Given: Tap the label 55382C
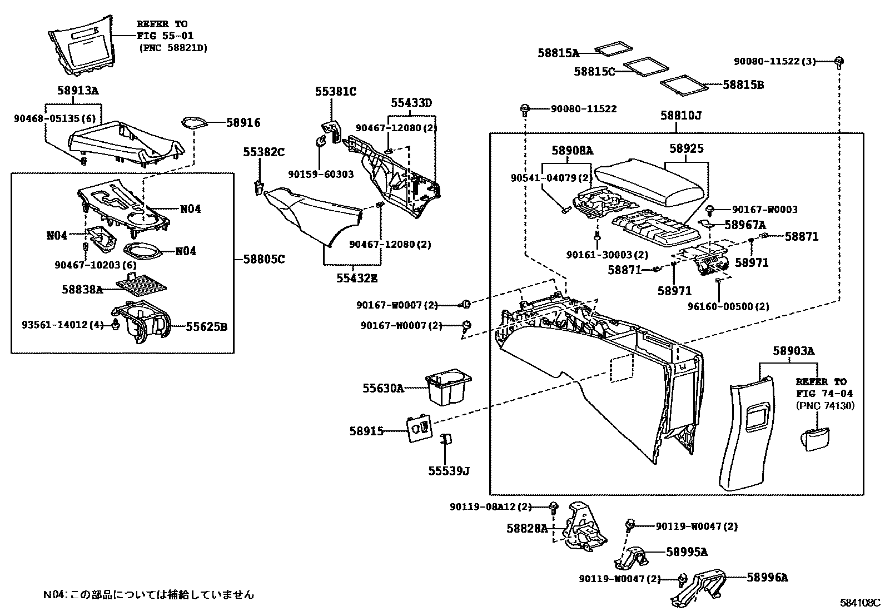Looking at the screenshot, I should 264,152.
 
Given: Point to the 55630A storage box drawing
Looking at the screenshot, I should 448,389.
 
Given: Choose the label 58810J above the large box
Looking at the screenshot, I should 680,116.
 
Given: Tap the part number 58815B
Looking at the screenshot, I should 743,85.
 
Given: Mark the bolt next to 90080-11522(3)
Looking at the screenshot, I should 839,61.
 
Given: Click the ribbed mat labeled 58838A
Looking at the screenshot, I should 141,285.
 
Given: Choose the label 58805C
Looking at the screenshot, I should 265,259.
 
